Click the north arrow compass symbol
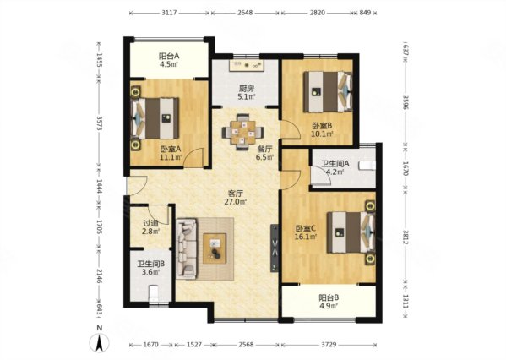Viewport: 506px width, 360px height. [x=99, y=342]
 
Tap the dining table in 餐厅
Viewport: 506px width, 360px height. [x=242, y=133]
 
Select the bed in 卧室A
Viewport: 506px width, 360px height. [x=155, y=118]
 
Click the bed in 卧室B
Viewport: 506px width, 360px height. [x=328, y=92]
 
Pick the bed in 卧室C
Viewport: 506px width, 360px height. [x=351, y=232]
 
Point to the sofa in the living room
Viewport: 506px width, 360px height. [x=187, y=248]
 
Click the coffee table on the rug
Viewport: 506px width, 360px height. [x=215, y=248]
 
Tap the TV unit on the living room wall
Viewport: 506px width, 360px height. [x=275, y=248]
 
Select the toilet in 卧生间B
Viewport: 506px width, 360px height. [x=154, y=292]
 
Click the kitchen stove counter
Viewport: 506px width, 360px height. [x=247, y=65]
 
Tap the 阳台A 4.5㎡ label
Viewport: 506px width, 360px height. [x=169, y=60]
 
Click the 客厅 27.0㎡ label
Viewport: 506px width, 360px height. [x=236, y=198]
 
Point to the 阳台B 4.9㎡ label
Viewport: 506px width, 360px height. [x=329, y=301]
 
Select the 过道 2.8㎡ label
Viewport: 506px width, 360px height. [x=151, y=227]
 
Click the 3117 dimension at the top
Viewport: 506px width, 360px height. [x=169, y=13]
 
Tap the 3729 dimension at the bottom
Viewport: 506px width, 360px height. [x=329, y=345]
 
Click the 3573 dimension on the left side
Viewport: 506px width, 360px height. [x=100, y=123]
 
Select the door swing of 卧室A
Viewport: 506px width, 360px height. [x=194, y=157]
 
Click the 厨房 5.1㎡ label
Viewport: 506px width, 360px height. [x=247, y=92]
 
